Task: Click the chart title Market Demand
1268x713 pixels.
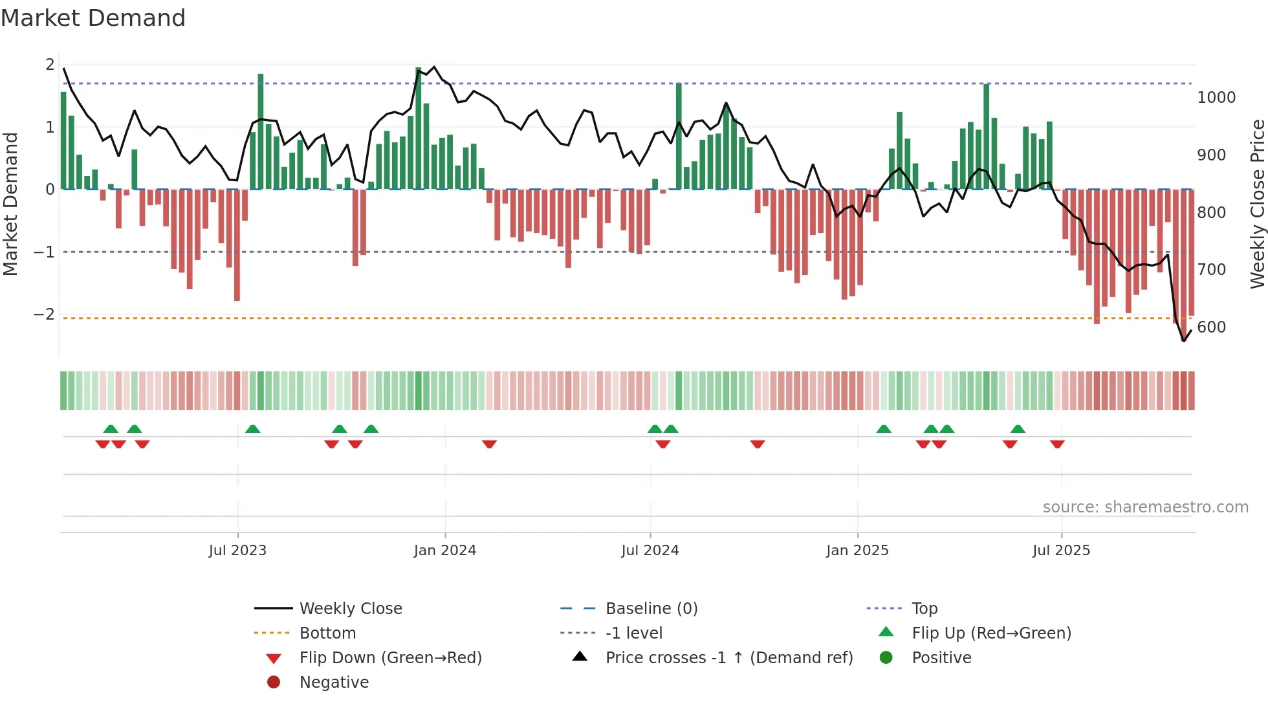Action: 93,18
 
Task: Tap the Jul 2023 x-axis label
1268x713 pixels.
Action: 237,551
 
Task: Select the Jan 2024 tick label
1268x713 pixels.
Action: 444,551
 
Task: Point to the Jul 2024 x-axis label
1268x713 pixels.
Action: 650,551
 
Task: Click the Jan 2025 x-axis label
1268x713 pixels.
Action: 857,551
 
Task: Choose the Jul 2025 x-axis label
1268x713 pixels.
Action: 1061,551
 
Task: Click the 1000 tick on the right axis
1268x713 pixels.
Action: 1216,98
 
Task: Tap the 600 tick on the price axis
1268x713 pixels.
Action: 1211,327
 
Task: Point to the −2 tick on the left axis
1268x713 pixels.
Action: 44,314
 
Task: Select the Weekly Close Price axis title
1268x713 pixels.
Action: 1257,204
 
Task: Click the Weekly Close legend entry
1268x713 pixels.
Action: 350,609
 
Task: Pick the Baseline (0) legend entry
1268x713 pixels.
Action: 651,609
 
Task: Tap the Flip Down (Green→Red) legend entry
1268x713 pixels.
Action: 390,658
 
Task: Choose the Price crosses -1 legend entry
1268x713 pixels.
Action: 728,658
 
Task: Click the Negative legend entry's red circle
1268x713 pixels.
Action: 274,683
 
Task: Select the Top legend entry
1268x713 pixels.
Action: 924,609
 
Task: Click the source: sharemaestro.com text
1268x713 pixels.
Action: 1145,507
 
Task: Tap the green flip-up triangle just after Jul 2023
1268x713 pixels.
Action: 253,429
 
